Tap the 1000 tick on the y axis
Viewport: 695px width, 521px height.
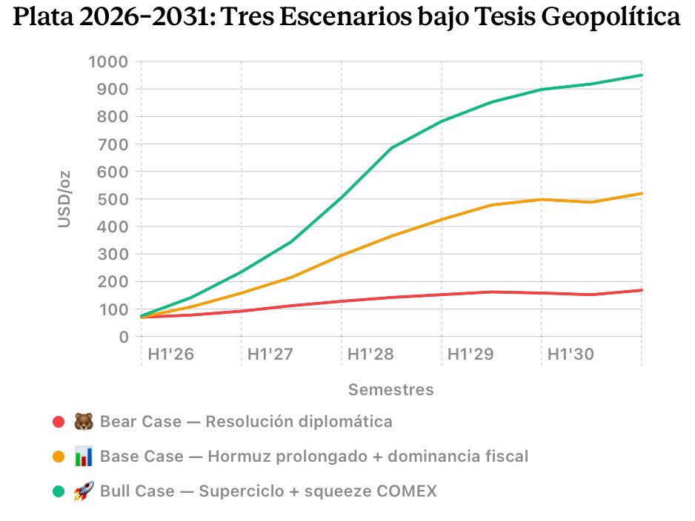click(x=108, y=61)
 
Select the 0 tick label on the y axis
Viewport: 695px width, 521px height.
click(x=123, y=337)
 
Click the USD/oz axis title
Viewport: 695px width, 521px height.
click(x=65, y=199)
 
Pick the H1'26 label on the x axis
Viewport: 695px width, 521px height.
click(x=170, y=354)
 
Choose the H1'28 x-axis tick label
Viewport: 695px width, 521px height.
click(x=370, y=354)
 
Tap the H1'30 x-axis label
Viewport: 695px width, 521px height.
click(x=571, y=354)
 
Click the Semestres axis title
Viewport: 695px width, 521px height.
click(x=391, y=389)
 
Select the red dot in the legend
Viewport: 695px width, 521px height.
click(x=59, y=422)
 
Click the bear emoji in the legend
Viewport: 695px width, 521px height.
click(x=83, y=422)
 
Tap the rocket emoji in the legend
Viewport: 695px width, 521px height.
click(x=83, y=491)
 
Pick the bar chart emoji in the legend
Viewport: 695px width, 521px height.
click(x=83, y=457)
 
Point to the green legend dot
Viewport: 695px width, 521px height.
click(x=59, y=491)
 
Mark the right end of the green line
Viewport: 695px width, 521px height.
click(x=642, y=75)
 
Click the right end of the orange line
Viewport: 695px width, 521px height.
click(x=642, y=193)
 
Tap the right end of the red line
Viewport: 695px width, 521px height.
click(x=642, y=290)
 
